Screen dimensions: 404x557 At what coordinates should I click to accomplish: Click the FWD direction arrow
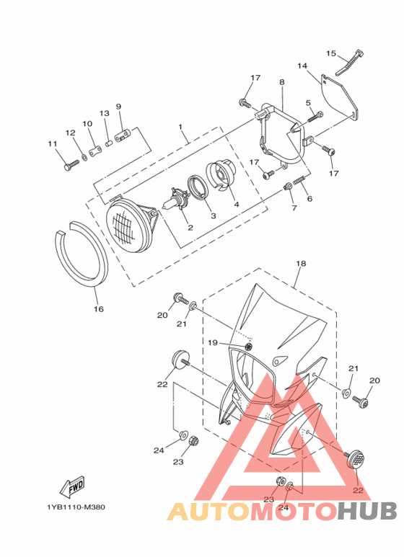click(73, 487)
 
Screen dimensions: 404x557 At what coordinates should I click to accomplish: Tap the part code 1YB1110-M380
click(76, 507)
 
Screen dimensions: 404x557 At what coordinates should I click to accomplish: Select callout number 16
click(99, 309)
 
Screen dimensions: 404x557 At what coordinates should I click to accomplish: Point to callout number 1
click(180, 127)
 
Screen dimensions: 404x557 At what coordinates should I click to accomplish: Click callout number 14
click(302, 66)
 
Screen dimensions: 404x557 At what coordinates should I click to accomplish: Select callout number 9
click(118, 107)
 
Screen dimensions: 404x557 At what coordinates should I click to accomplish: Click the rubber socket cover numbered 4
click(221, 177)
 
